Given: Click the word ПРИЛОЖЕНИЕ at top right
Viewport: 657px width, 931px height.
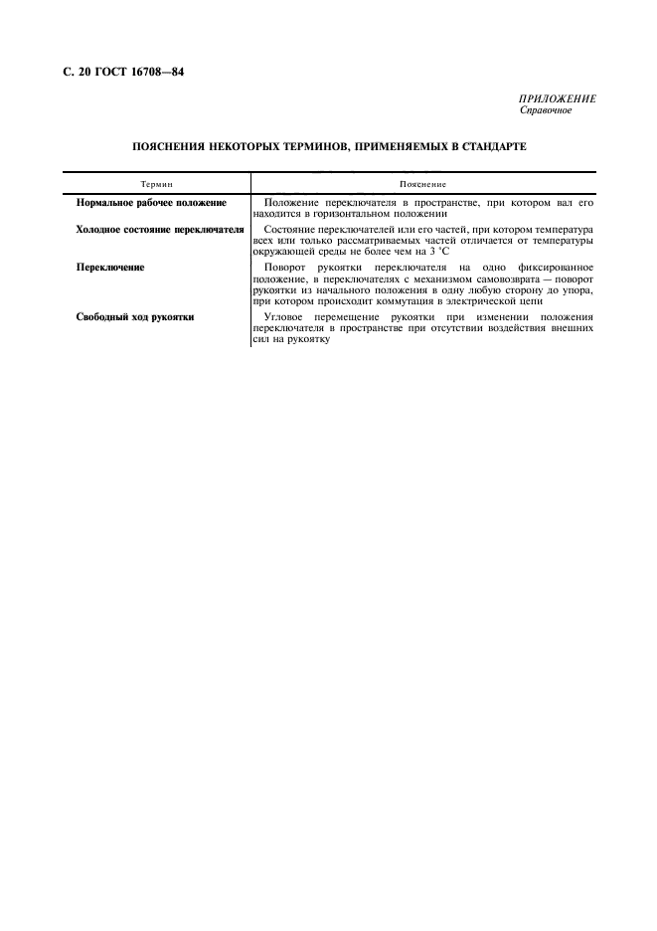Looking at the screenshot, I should click(557, 99).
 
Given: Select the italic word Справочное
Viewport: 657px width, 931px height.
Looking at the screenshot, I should click(545, 110).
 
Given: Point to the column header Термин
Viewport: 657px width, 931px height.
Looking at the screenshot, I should click(156, 184).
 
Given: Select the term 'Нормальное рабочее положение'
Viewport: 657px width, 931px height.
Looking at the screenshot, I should click(151, 203).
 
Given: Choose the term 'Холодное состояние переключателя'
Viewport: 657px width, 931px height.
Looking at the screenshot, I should click(159, 229).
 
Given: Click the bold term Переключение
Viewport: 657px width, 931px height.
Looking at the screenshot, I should click(110, 268).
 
